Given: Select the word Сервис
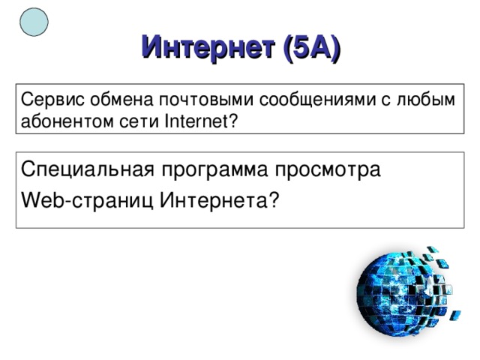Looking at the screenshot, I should [x=46, y=100].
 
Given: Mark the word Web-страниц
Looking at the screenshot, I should [x=88, y=199].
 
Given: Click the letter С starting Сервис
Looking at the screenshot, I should [x=25, y=100].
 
